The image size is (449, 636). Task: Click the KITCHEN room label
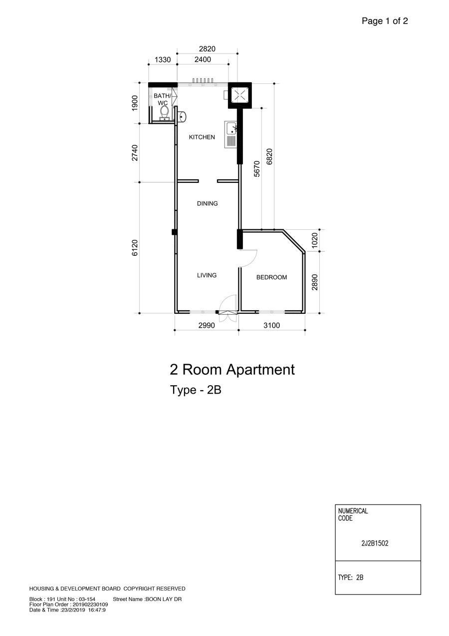[202, 137]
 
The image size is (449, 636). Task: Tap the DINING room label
[207, 203]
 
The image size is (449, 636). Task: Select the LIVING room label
[207, 275]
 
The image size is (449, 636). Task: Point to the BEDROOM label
[271, 277]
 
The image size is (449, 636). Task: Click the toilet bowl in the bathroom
[164, 113]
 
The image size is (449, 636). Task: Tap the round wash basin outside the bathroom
[182, 116]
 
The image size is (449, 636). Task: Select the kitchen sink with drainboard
[231, 134]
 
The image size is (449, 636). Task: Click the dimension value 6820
[269, 156]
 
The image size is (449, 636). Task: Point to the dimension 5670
[256, 169]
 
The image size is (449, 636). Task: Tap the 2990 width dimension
[207, 325]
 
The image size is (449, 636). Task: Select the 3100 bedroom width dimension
[271, 325]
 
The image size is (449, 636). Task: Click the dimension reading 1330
[163, 59]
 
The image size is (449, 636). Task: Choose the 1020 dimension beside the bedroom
[315, 240]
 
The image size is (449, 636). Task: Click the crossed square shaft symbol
[240, 95]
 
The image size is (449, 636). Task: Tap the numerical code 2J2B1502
[375, 544]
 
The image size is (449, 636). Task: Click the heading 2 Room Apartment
[232, 370]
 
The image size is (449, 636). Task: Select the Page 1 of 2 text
[385, 20]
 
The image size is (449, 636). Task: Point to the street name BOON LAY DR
[164, 600]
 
